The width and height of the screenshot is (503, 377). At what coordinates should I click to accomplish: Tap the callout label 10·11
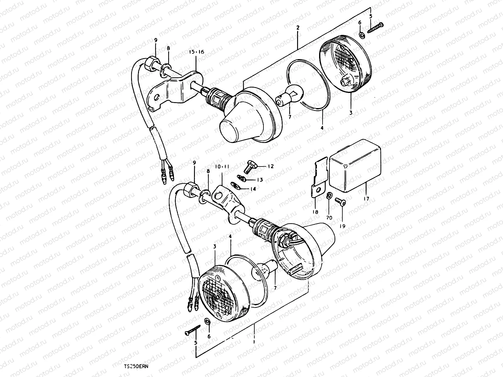222,166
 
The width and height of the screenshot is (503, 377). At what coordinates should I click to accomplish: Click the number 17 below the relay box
366,199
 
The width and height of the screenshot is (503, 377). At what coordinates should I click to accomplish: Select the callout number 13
260,180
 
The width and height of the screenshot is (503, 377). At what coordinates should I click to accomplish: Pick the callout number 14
253,189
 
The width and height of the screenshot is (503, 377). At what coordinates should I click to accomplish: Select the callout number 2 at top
298,28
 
